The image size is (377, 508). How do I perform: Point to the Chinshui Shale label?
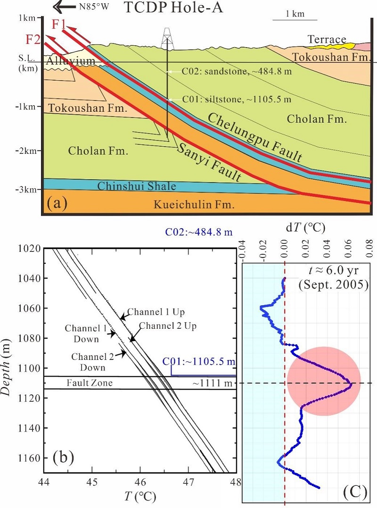(137, 186)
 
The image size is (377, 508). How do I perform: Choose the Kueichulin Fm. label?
(193, 205)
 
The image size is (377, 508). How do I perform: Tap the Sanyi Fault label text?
(210, 162)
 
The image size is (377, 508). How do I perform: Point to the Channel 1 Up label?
(156, 312)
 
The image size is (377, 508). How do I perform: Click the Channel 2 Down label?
(91, 360)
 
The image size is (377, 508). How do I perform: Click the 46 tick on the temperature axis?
(140, 483)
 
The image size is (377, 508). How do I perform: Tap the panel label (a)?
(58, 204)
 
